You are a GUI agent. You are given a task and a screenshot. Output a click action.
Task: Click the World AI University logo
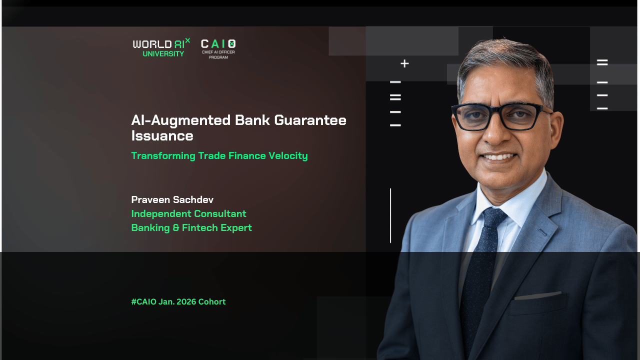(x=161, y=47)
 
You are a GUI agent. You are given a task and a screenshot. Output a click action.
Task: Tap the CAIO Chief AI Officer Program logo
(x=218, y=49)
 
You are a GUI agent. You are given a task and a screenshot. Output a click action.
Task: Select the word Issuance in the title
(x=162, y=136)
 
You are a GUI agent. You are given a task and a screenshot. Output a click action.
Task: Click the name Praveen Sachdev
(x=172, y=200)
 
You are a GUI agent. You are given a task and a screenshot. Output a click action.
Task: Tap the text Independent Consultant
(x=188, y=214)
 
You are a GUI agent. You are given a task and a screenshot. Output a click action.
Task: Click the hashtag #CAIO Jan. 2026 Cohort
(x=178, y=302)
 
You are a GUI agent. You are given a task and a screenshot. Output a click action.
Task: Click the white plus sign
(x=404, y=63)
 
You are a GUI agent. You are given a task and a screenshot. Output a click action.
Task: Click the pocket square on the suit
(x=538, y=295)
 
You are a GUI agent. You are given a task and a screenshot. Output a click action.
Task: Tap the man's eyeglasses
(x=500, y=116)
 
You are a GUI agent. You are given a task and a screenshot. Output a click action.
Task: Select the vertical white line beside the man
(x=390, y=215)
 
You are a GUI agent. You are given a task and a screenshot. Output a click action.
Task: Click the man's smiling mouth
(x=499, y=157)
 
